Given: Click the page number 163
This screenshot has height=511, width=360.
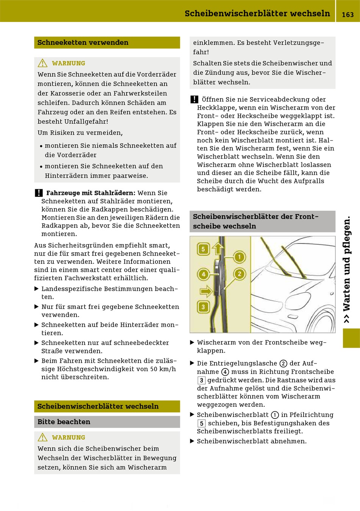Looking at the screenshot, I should tap(347, 15).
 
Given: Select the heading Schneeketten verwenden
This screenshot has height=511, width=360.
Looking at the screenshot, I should tap(83, 42).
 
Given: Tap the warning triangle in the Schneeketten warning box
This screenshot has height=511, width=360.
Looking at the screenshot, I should tap(42, 63).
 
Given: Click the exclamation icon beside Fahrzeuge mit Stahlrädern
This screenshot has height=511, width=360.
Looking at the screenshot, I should tap(39, 193).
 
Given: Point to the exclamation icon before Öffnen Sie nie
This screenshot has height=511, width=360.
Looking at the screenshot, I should tap(194, 99).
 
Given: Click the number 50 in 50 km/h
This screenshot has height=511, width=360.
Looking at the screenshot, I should tap(154, 369).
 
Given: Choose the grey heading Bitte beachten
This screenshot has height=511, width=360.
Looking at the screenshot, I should tap(64, 422).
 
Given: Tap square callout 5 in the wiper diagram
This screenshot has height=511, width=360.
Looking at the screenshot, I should tap(203, 249).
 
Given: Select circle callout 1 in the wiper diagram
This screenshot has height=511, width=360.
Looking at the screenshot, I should tap(239, 257).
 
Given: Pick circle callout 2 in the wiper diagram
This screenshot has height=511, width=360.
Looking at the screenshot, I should tap(239, 274).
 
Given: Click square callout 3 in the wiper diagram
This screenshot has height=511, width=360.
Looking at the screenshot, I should tap(203, 307).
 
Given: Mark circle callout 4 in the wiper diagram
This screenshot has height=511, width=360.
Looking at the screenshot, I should tap(203, 274).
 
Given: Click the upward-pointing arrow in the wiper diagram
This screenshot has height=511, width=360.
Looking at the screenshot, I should tap(218, 249).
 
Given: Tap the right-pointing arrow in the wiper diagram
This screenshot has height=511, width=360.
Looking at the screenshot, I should tap(206, 291).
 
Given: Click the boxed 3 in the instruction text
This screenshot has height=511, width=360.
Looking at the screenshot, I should tap(201, 380).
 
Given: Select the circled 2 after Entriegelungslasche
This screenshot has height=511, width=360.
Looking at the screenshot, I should tap(283, 363).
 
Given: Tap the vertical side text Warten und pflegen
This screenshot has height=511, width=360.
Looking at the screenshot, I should tap(347, 269).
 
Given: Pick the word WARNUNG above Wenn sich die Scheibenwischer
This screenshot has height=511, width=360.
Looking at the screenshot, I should tap(69, 437).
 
